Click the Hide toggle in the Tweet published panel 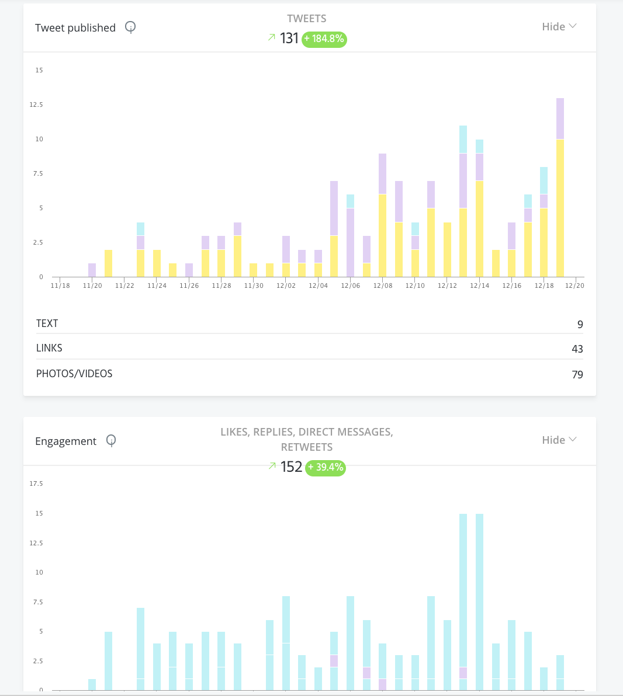[559, 27]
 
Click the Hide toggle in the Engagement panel [559, 440]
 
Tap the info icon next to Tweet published [130, 27]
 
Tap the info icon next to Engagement [111, 440]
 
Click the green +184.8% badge [324, 39]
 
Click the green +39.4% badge [326, 468]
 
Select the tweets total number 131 [289, 39]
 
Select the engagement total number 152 [291, 467]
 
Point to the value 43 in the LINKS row [577, 349]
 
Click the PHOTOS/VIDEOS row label [74, 374]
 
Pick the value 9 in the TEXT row [580, 325]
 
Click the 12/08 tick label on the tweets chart [383, 286]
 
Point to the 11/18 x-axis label [60, 286]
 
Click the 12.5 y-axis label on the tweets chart [36, 105]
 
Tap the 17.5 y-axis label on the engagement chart [36, 483]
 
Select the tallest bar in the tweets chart [560, 187]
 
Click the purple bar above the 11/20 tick [92, 270]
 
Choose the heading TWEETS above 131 [307, 19]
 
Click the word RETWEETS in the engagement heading [307, 447]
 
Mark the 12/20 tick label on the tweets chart [574, 286]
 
